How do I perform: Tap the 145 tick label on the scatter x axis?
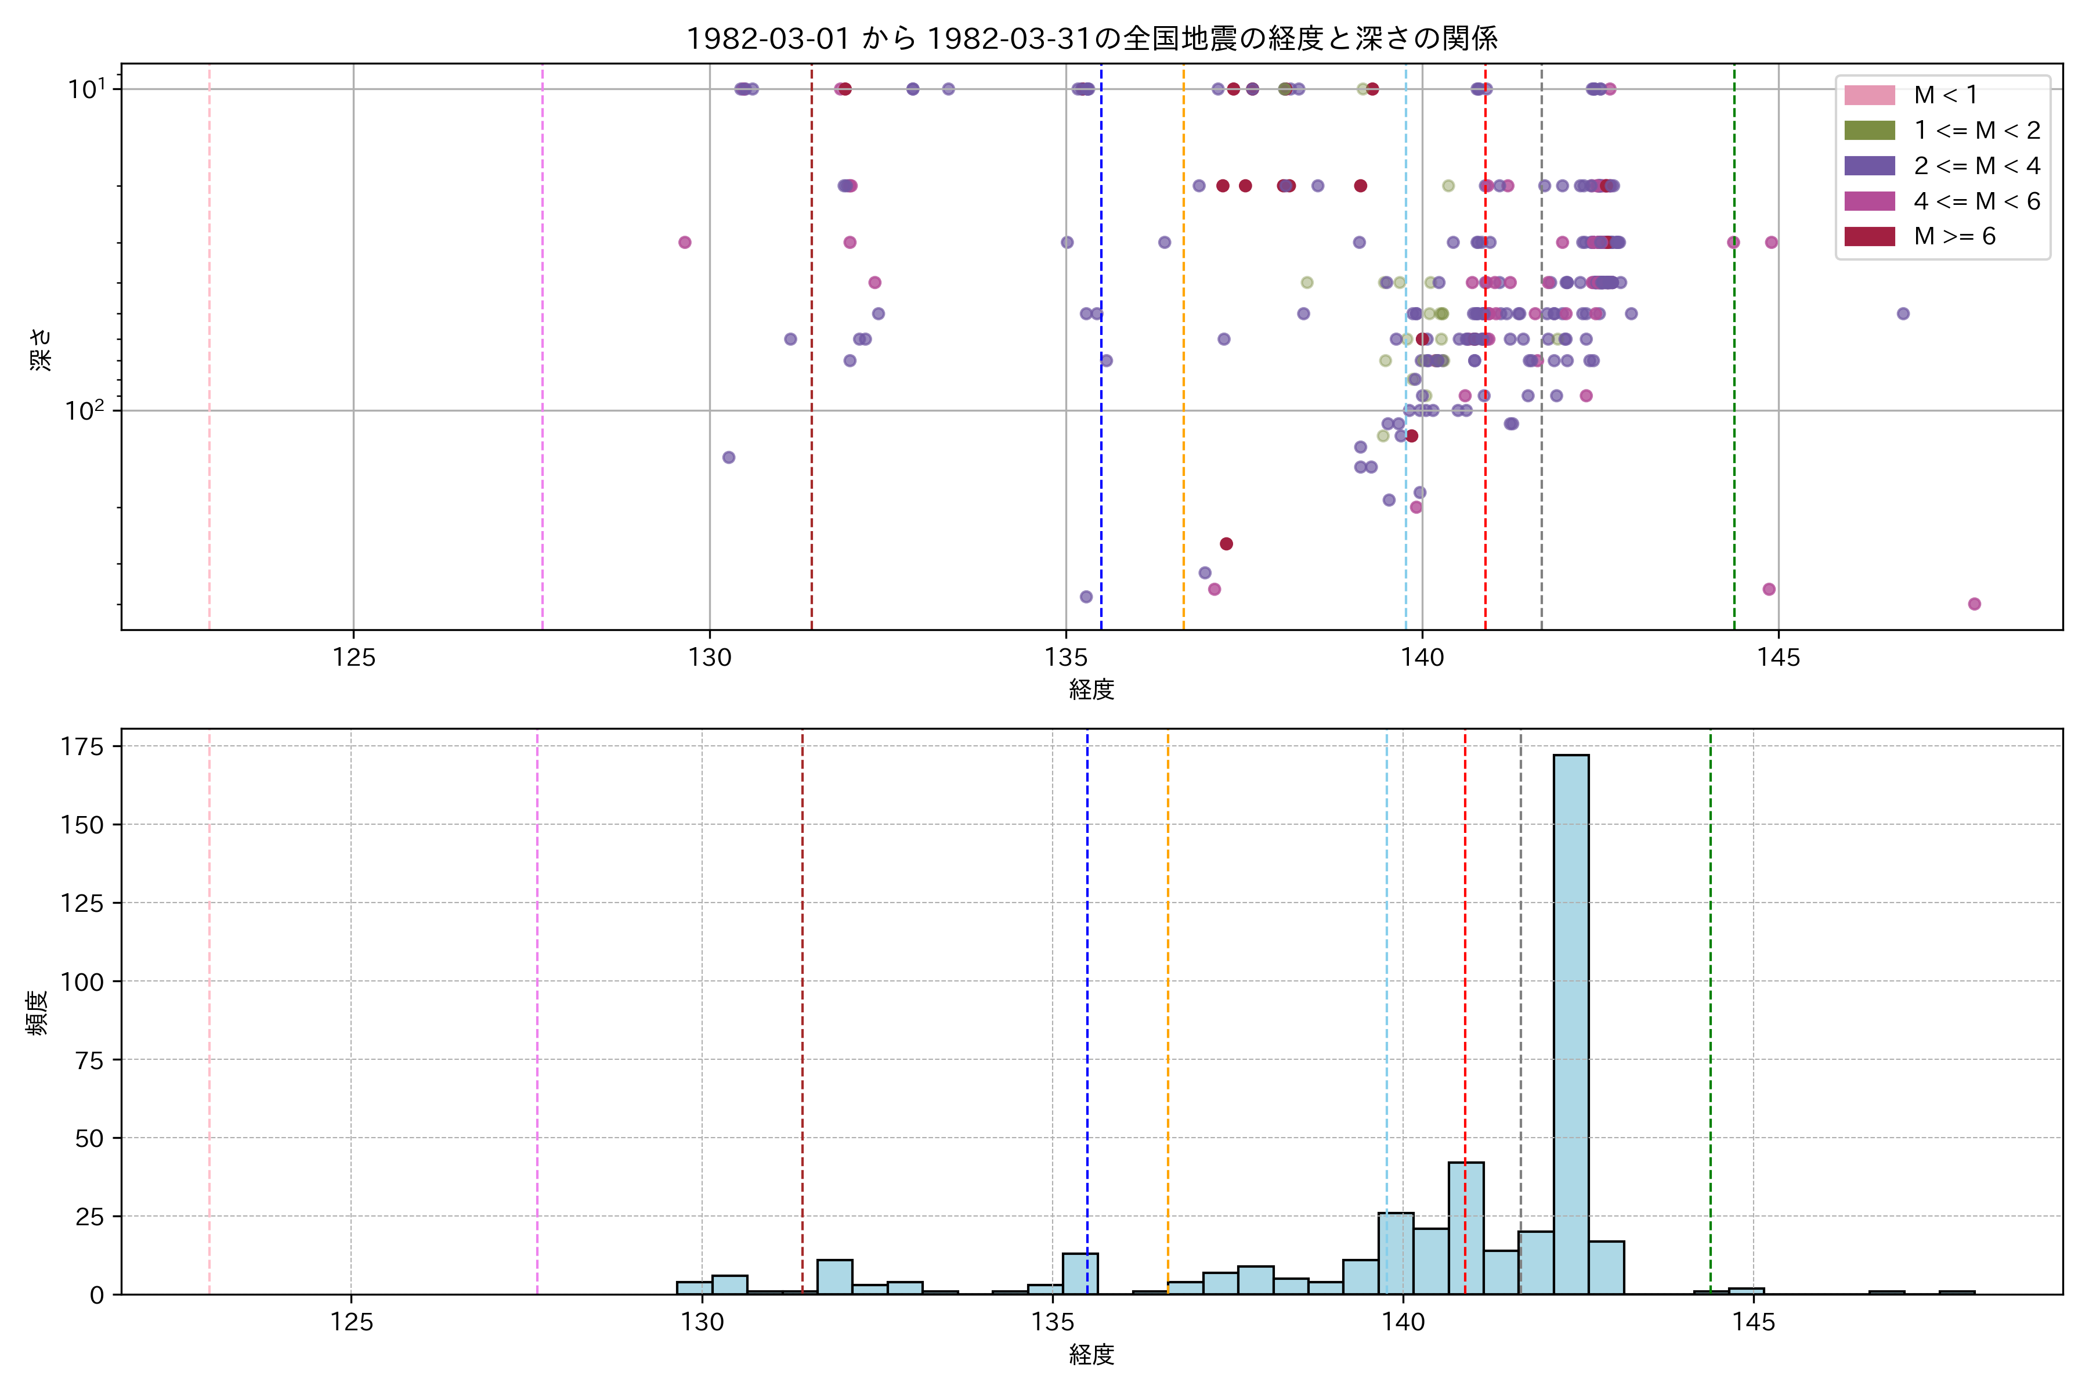(1778, 658)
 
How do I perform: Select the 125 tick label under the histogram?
(351, 1323)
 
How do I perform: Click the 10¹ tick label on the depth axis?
(86, 89)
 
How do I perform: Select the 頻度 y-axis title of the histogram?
(37, 1013)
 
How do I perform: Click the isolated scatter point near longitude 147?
(1903, 313)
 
